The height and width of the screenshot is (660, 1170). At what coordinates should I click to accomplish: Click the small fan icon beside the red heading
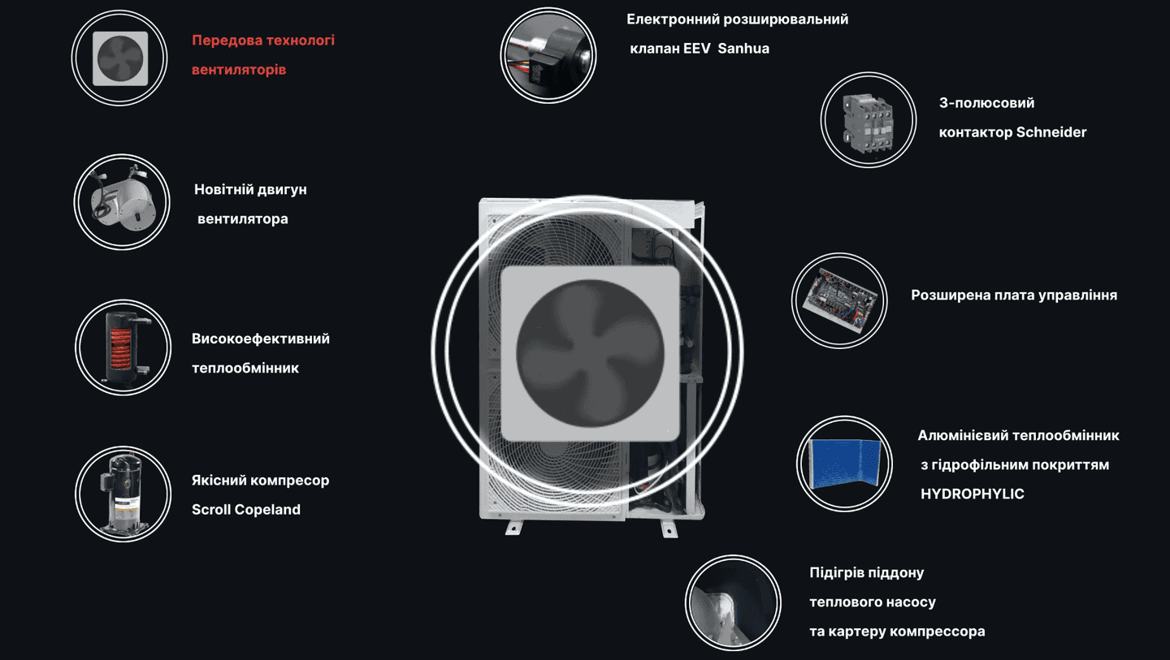120,58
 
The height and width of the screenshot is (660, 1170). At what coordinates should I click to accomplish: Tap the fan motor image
123,202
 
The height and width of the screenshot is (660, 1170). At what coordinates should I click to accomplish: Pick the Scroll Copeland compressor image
123,494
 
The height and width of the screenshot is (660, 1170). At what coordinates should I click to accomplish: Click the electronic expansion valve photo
548,55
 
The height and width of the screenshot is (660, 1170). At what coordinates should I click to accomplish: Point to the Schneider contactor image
869,123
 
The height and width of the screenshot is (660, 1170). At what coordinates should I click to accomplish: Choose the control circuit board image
840,300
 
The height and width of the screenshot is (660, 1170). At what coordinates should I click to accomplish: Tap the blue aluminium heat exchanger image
845,464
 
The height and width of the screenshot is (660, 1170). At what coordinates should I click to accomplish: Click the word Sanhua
743,49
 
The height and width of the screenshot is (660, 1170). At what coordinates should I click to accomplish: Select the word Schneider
1051,132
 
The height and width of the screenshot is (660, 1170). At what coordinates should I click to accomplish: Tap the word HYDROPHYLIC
972,494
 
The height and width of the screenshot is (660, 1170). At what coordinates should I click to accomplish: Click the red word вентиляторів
239,69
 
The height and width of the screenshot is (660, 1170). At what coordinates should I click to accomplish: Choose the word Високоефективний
261,339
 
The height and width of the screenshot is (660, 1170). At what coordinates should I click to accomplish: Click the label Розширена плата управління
1014,295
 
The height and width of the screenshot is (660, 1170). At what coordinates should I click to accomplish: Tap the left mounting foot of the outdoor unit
514,527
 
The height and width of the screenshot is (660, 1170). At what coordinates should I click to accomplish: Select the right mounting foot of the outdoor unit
669,528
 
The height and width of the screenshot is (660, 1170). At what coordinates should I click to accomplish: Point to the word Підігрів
833,573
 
